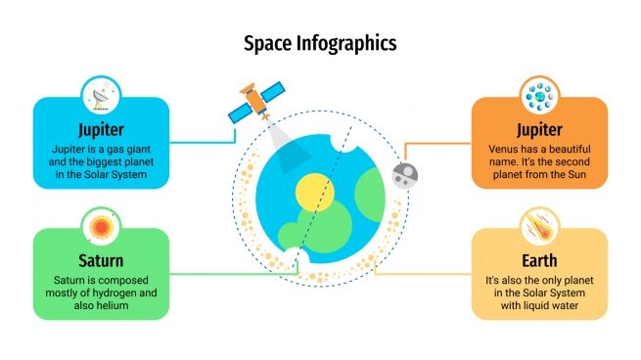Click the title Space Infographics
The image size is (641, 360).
pyautogui.click(x=320, y=43)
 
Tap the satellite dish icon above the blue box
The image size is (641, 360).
pyautogui.click(x=99, y=99)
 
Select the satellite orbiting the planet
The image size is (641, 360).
pyautogui.click(x=252, y=101)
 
